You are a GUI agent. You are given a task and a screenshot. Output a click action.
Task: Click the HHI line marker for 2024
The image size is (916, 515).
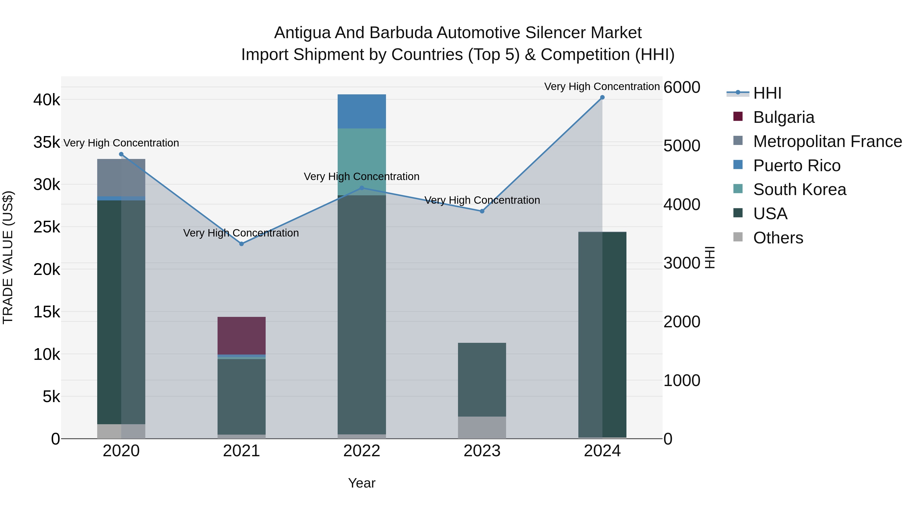coord(602,97)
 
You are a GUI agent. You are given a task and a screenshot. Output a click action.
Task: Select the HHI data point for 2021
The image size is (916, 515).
coord(241,244)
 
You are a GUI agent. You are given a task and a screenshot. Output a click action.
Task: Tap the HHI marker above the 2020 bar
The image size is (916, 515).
coord(121,154)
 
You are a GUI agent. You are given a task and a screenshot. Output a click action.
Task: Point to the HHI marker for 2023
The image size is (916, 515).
coord(482,211)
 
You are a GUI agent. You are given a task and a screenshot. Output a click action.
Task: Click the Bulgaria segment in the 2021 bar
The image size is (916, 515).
coord(241,335)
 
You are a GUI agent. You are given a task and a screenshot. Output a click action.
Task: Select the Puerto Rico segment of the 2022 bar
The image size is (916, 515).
coord(362,111)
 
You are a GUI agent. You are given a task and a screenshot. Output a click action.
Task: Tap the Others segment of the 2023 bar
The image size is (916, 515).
coord(482,427)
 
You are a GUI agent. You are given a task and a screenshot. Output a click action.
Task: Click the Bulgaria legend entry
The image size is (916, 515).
coord(783,117)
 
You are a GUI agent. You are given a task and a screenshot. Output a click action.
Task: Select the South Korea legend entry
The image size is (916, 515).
coord(799,189)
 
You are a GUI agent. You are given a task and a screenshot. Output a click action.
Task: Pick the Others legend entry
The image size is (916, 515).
coord(778,238)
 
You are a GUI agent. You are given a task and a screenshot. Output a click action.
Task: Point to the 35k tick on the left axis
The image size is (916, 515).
coord(47,142)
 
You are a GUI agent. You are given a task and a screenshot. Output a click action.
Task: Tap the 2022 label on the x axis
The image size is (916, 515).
coord(362,451)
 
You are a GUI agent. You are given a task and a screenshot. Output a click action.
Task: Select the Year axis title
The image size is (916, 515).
coord(362,483)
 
